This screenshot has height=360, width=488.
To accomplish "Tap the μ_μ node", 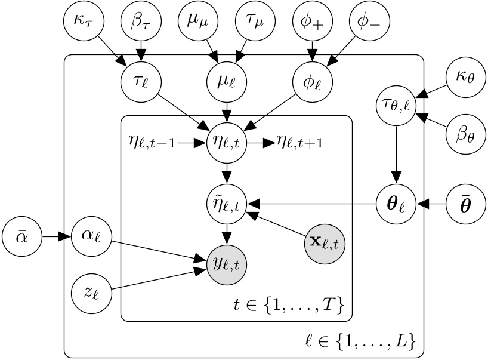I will pyautogui.click(x=197, y=24).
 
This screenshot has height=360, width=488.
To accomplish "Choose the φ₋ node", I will pyautogui.click(x=369, y=24).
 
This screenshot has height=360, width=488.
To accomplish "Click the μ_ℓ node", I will pyautogui.click(x=226, y=82).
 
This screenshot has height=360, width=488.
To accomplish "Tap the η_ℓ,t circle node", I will pyautogui.click(x=226, y=143).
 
